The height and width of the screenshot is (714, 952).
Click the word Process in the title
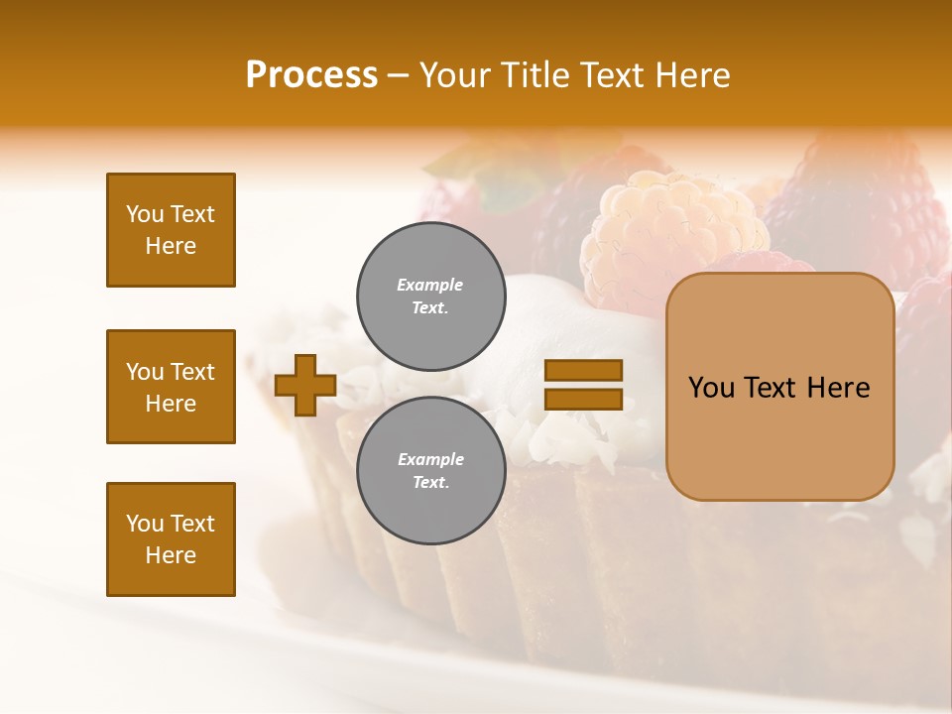[x=311, y=75]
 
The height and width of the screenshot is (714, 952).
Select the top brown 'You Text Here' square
[x=171, y=230]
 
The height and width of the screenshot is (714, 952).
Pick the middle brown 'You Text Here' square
[x=171, y=387]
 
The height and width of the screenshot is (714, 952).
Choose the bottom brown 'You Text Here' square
[x=171, y=539]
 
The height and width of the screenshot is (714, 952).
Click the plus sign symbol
[x=305, y=386]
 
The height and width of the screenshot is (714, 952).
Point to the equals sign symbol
[x=583, y=385]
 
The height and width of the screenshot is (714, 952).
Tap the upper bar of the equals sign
[x=583, y=371]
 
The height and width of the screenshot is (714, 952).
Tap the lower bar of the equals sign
[x=583, y=400]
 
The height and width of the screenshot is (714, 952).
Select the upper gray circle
[x=431, y=297]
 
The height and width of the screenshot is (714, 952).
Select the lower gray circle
[x=431, y=471]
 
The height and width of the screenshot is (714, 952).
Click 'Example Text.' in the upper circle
[x=430, y=297]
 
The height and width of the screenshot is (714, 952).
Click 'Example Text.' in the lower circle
[x=430, y=471]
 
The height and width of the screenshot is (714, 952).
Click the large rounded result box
[x=779, y=387]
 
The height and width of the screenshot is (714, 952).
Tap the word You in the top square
[x=144, y=214]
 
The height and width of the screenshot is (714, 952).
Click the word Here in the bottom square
[x=171, y=555]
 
